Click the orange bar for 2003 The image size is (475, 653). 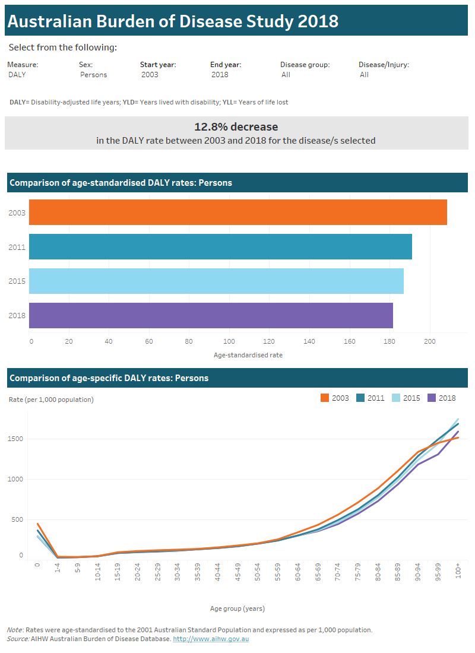pyautogui.click(x=237, y=212)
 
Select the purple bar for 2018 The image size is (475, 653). pyautogui.click(x=211, y=315)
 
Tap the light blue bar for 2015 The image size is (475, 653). pyautogui.click(x=216, y=281)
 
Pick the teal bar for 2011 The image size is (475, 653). pyautogui.click(x=220, y=246)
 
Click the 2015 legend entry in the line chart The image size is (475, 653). pyautogui.click(x=406, y=398)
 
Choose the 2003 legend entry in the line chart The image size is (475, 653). pyautogui.click(x=335, y=398)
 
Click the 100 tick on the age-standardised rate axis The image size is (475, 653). pyautogui.click(x=230, y=341)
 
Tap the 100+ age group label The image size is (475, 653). pyautogui.click(x=457, y=570)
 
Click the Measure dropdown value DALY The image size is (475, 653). pyautogui.click(x=17, y=75)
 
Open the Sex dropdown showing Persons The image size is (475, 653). pyautogui.click(x=93, y=75)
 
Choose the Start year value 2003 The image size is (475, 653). pyautogui.click(x=150, y=75)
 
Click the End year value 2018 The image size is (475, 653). pyautogui.click(x=220, y=75)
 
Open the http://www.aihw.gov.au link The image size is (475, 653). pyautogui.click(x=210, y=639)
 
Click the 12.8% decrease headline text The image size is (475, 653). pyautogui.click(x=236, y=126)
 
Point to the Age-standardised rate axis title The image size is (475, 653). pyautogui.click(x=248, y=355)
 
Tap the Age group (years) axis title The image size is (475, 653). pyautogui.click(x=237, y=608)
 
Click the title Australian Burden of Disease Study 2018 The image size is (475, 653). pyautogui.click(x=173, y=21)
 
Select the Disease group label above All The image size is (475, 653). pyautogui.click(x=305, y=65)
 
